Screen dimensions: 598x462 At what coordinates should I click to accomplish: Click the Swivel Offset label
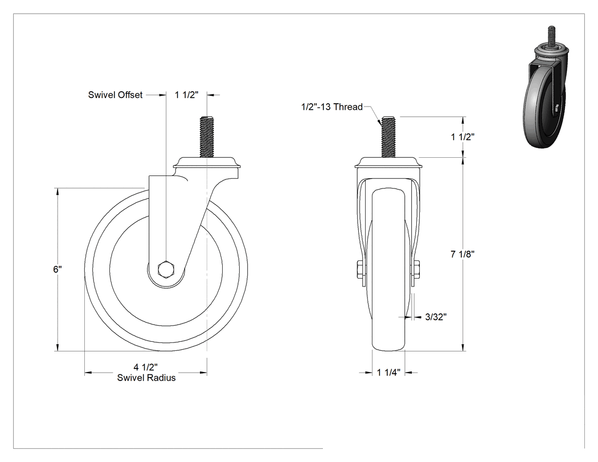(x=115, y=95)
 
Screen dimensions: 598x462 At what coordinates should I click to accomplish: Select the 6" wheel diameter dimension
(x=57, y=269)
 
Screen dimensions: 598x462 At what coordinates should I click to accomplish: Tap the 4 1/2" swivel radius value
(x=146, y=367)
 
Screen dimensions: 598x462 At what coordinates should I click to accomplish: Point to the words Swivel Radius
(x=146, y=378)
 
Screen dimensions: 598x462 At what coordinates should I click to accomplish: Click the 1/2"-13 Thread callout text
(x=332, y=107)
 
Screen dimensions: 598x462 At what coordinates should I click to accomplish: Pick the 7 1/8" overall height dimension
(x=462, y=254)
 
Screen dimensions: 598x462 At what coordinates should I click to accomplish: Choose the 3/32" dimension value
(x=436, y=317)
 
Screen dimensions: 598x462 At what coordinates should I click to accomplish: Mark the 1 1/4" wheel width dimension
(x=388, y=373)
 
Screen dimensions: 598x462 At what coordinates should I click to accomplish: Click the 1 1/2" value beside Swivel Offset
(x=187, y=95)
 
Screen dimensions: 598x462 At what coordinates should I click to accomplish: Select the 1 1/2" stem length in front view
(x=462, y=137)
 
